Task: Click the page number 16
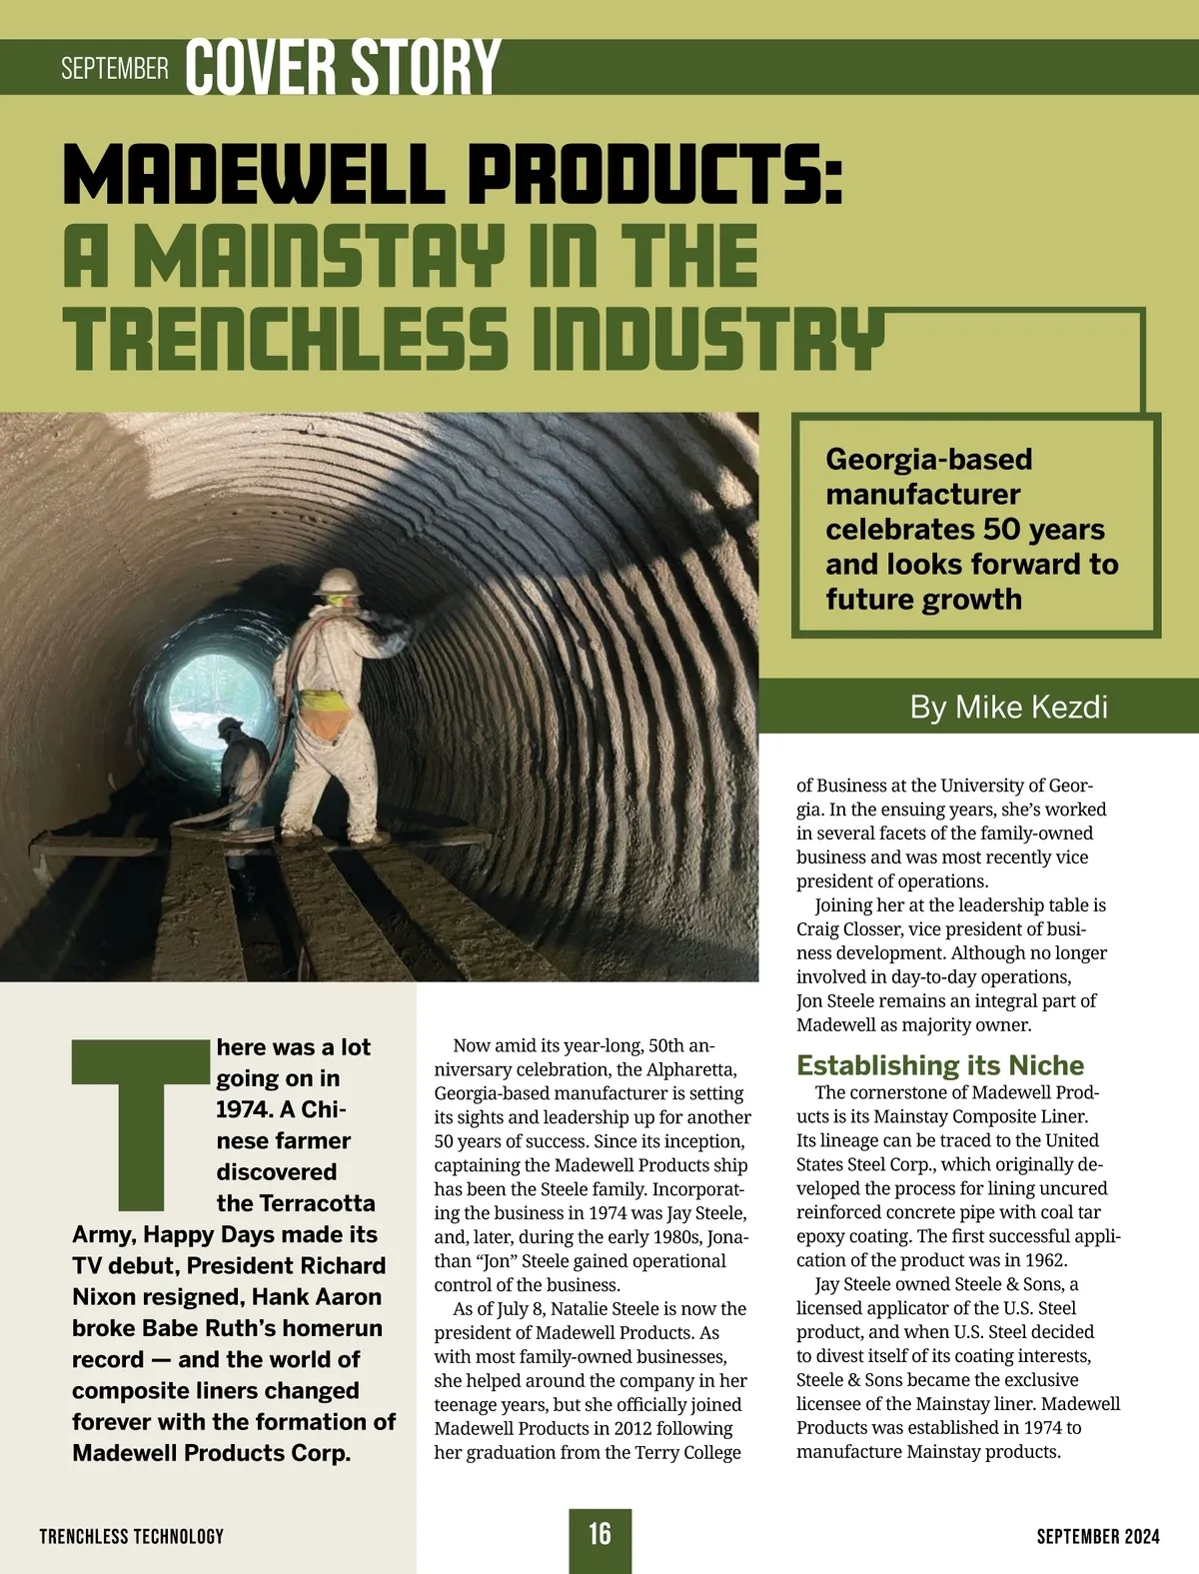click(599, 1533)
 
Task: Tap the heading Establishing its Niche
click(940, 1065)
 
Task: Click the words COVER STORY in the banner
click(343, 68)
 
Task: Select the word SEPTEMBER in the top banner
click(115, 69)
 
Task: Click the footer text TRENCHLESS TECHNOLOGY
click(132, 1536)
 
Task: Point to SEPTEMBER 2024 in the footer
click(1098, 1536)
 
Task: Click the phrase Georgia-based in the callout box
click(928, 460)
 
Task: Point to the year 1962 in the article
click(1044, 1260)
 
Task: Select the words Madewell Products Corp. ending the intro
click(211, 1453)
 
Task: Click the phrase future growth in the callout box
click(923, 600)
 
